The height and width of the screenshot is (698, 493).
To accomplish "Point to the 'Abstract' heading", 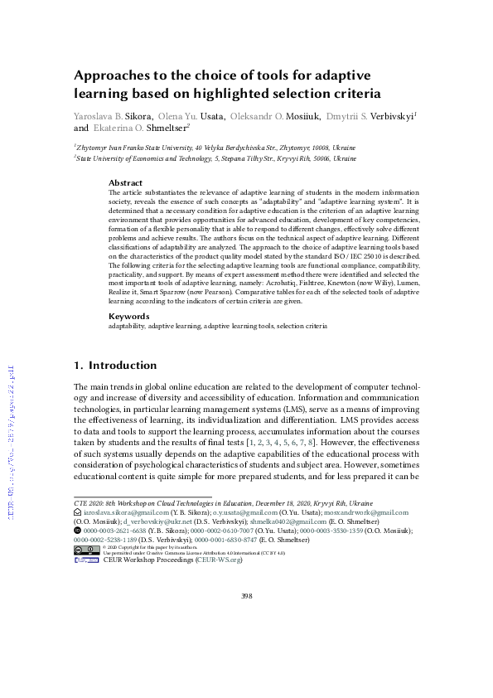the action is (x=125, y=183).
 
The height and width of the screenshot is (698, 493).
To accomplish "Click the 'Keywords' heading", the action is (x=129, y=316).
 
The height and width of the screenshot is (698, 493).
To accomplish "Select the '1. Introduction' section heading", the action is (x=115, y=365).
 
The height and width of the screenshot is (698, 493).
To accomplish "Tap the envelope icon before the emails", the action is (x=77, y=514).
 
